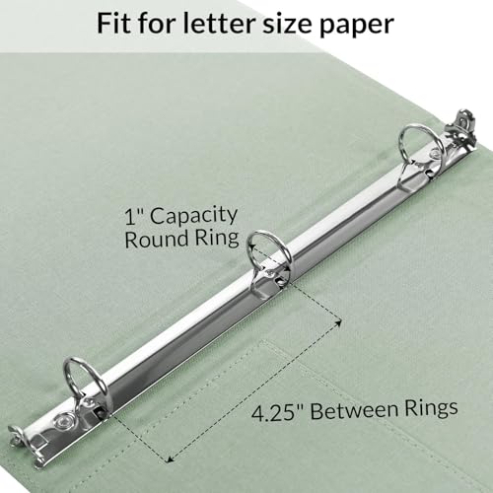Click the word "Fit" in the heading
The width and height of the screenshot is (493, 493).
114,23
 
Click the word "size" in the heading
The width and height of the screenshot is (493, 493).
292,23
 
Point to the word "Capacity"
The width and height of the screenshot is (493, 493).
194,218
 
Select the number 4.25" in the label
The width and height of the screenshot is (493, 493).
280,411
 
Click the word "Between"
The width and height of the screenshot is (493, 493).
355,409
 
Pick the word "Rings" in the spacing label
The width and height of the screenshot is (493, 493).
431,407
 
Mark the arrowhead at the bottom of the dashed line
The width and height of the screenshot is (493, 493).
170,459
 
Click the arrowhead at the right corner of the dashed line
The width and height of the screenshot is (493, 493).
338,321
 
